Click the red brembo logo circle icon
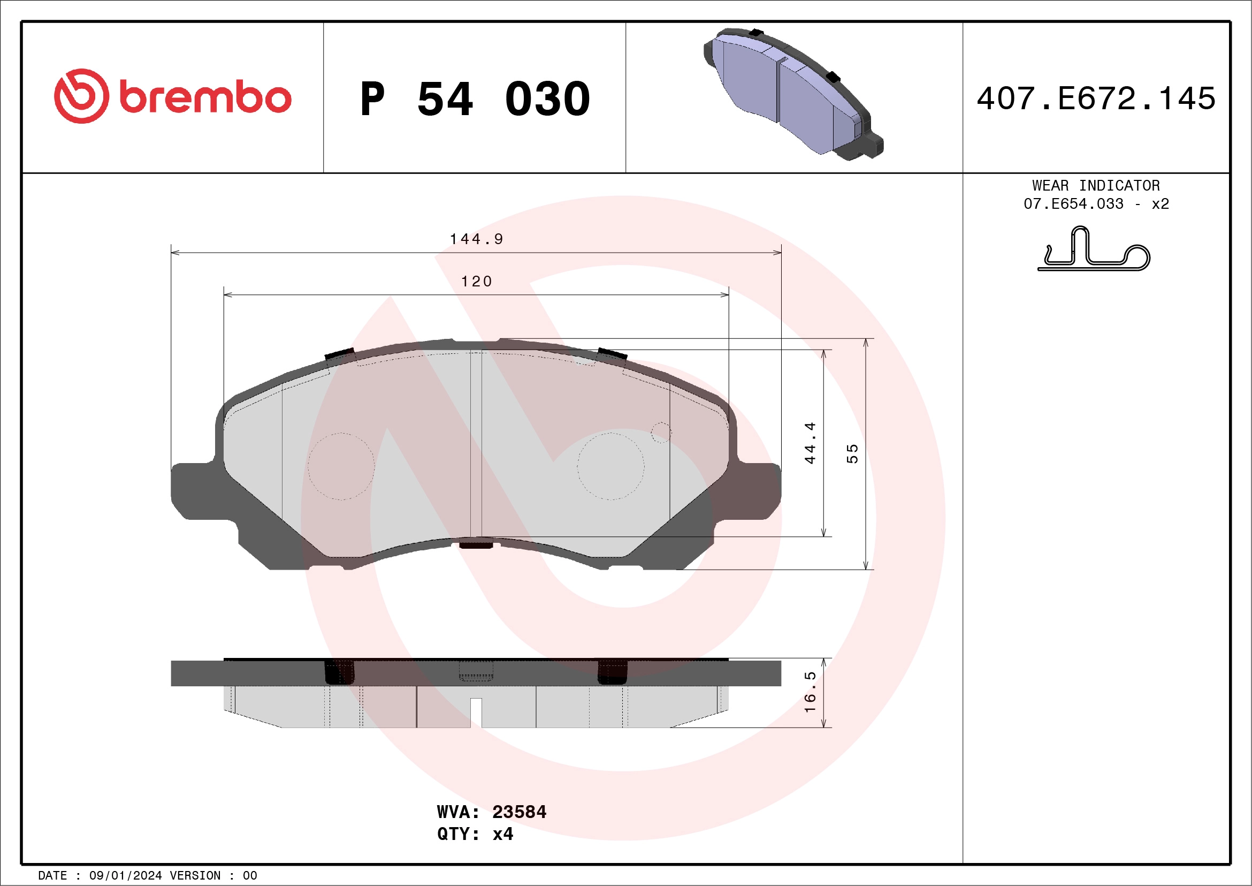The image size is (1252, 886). (81, 96)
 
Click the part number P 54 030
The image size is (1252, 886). (475, 99)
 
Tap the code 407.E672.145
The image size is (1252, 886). (1096, 99)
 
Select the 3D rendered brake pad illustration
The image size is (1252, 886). (793, 94)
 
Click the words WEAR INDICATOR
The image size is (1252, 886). (1096, 185)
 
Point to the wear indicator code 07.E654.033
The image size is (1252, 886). (1073, 204)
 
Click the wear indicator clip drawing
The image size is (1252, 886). (1093, 251)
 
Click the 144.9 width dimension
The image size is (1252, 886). (476, 239)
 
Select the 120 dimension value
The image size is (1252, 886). (476, 282)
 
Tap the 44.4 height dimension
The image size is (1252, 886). (810, 443)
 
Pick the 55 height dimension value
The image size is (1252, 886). (852, 454)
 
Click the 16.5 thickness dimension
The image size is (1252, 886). (810, 692)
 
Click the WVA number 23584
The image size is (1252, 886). (518, 812)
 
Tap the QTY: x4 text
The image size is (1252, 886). (475, 834)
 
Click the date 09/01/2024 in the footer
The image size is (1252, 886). (125, 876)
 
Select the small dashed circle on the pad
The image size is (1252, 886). (661, 433)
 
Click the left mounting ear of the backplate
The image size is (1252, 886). (196, 491)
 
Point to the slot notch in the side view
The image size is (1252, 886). (476, 712)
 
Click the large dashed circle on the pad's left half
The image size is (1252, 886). (341, 466)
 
